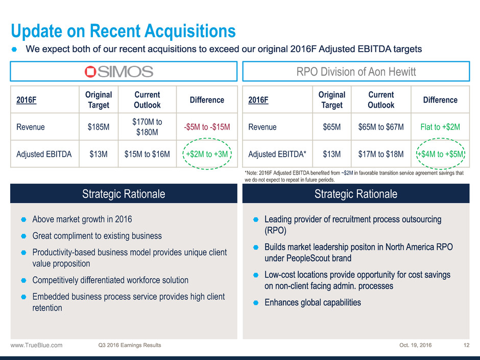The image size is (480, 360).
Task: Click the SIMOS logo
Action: point(119,71)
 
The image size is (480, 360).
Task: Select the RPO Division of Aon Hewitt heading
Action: point(356,71)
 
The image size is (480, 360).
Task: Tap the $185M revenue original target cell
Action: point(98,127)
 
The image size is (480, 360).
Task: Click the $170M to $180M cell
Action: point(147,127)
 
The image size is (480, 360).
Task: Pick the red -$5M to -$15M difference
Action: point(207,127)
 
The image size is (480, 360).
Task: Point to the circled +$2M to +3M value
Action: point(207,154)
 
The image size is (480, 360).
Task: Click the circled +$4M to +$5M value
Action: point(441,154)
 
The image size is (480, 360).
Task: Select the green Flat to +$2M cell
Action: point(440,127)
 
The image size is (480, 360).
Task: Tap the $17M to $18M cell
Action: point(381,154)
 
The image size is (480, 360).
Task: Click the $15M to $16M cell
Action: point(147,154)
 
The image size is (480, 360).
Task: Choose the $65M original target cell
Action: point(331,127)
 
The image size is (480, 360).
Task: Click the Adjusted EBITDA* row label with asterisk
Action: point(277,154)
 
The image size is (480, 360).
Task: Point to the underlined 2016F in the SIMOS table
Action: point(27,100)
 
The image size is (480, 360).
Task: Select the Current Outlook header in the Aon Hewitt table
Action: point(381,100)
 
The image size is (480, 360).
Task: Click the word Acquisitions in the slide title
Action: point(190,31)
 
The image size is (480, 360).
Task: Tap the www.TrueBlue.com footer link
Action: point(36,345)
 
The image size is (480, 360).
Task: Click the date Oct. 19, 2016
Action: point(416,345)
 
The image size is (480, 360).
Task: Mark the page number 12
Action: point(466,345)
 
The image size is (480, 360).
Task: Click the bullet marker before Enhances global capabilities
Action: point(256,303)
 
